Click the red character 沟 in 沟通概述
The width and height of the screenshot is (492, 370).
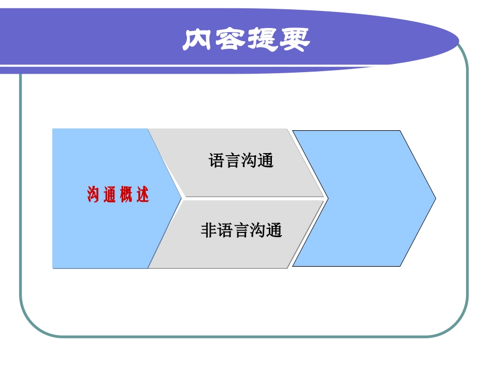pos(93,195)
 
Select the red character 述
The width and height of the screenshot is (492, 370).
pos(143,195)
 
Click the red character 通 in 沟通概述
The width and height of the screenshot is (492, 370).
pos(110,195)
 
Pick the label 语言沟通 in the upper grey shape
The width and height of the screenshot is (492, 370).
pos(241,160)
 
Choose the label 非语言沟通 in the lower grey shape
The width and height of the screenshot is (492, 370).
pos(241,230)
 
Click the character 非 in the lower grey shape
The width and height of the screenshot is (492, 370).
pos(208,230)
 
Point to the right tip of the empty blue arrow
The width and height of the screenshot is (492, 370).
pos(435,198)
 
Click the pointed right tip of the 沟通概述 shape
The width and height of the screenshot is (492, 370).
pos(181,198)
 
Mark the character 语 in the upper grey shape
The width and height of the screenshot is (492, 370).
pos(216,160)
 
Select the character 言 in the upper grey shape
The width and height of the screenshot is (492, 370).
pos(233,160)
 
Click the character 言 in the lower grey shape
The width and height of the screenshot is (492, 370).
pos(241,230)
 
